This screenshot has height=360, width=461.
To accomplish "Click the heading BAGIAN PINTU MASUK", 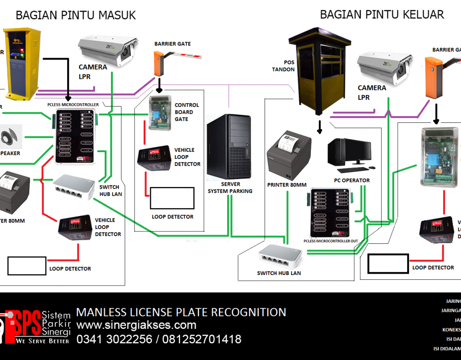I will [76, 15].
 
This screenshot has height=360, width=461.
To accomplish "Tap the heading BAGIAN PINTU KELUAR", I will [382, 14].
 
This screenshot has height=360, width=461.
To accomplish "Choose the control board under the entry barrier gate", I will [157, 113].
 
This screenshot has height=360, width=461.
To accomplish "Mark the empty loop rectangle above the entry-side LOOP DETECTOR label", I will [172, 198].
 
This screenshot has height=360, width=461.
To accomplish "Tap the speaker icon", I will [11, 137].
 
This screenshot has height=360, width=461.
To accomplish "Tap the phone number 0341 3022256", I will [113, 340].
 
